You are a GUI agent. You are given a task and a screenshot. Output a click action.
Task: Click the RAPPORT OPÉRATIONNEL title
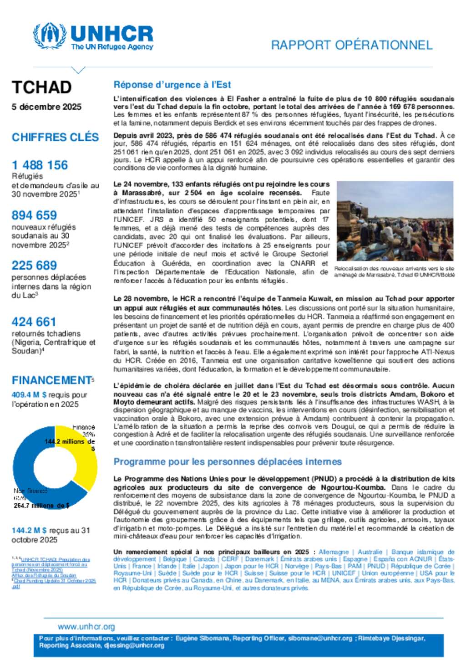tap(351, 45)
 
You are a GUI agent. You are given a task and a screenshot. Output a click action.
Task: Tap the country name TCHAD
tap(41, 87)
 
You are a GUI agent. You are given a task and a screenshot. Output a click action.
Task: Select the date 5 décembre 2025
tap(46, 107)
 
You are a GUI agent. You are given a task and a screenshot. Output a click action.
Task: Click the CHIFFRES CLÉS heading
tap(55, 137)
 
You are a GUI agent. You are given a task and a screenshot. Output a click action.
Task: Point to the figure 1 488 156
tap(40, 165)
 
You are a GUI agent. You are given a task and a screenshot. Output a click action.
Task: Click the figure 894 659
tap(35, 215)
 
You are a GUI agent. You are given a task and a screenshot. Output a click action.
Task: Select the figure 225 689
tap(35, 265)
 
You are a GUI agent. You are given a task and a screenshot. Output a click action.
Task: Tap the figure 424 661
tap(34, 322)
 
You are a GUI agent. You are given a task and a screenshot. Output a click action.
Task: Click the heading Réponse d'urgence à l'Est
tap(172, 85)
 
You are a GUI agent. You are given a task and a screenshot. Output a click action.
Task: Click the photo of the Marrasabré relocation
tap(395, 221)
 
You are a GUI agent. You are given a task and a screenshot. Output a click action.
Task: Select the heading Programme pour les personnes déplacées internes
tap(228, 461)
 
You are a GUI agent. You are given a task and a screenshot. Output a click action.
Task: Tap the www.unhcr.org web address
tap(86, 627)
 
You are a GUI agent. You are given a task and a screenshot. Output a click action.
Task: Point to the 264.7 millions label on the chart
tap(41, 506)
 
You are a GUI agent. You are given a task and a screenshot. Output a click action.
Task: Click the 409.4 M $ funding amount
tap(29, 395)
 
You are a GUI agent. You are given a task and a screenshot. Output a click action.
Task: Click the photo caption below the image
tap(394, 271)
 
